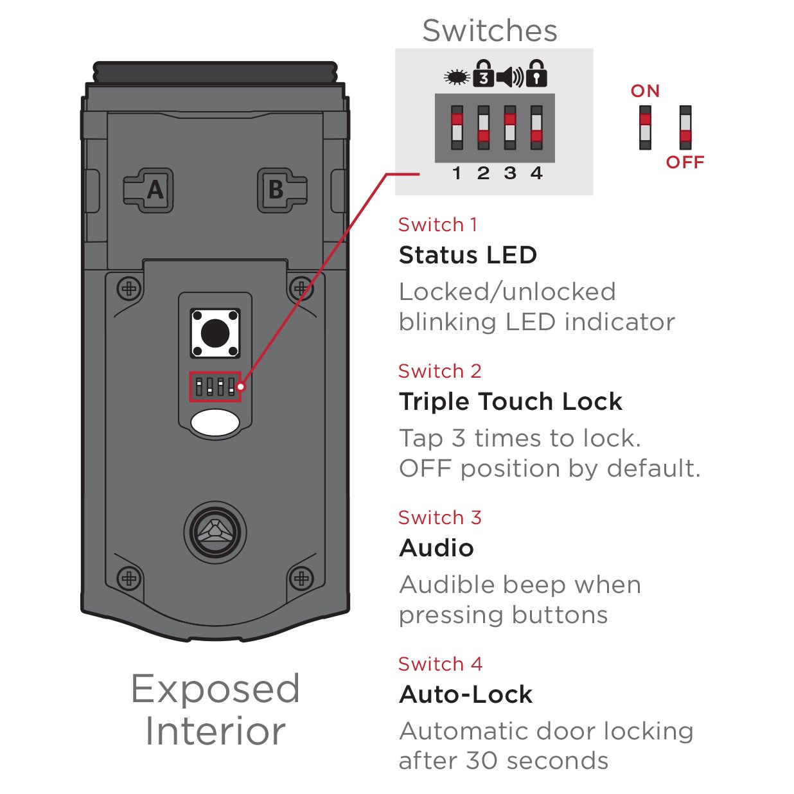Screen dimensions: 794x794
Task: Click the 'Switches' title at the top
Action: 490,31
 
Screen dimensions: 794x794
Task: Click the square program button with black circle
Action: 215,333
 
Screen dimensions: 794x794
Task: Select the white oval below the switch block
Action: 215,423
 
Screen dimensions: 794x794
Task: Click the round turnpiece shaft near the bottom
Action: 215,532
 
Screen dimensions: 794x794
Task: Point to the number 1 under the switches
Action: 457,173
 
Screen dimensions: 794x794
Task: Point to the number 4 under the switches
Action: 536,173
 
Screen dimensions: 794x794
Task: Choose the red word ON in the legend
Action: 645,91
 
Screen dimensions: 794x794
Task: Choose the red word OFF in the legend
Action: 685,163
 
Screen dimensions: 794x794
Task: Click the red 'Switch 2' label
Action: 439,371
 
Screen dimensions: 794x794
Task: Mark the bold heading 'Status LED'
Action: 468,255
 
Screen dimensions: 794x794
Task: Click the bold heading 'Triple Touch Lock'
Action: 511,401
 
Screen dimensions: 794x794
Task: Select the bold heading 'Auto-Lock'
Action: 466,694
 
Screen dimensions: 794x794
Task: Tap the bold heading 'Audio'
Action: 436,548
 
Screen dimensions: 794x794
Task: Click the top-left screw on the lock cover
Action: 129,288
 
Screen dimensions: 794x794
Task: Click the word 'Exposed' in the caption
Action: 215,689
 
